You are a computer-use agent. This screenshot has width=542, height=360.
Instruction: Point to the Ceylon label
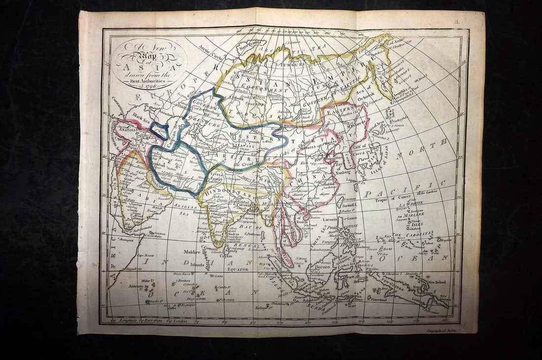click(225, 256)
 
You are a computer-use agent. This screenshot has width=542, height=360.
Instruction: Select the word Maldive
click(192, 252)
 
